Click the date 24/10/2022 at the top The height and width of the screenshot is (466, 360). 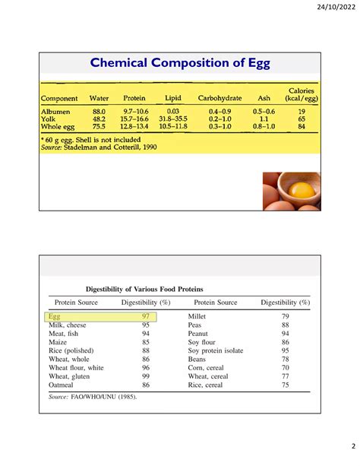336,7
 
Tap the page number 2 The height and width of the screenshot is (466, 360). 353,446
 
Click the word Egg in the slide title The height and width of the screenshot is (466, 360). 259,63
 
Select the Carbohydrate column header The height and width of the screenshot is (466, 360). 219,98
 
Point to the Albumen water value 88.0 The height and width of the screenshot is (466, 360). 99,112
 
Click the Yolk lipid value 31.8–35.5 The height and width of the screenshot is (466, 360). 173,119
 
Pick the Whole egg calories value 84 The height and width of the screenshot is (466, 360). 302,126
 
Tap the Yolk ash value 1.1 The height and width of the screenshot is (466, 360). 264,119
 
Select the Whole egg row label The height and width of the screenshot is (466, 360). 58,127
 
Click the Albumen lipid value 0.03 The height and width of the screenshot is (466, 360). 173,112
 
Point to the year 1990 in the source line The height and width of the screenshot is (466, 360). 150,147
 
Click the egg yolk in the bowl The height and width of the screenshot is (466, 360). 302,190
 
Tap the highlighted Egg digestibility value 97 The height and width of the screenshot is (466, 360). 146,316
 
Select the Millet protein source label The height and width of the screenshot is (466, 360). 197,316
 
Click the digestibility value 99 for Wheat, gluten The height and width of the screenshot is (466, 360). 146,376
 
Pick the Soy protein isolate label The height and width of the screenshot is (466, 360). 216,350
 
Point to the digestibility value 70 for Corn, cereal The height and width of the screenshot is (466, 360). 285,368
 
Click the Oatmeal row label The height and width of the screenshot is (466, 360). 61,385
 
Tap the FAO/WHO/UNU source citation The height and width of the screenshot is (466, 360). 103,397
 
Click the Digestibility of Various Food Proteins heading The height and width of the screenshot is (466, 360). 144,289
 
